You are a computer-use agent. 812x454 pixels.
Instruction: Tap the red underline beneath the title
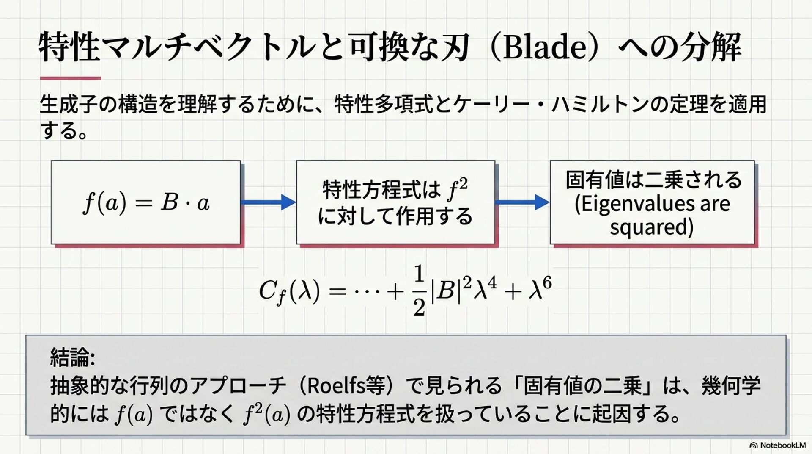[70, 78]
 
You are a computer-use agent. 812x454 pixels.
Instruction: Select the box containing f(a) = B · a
[146, 202]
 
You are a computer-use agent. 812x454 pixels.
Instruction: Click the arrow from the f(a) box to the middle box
[268, 202]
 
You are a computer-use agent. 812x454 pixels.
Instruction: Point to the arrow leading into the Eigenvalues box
[522, 202]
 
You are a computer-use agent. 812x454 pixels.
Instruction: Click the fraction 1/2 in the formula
[419, 291]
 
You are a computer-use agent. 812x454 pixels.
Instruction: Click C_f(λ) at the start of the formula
[289, 291]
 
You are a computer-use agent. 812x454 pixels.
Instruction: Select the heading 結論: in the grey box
[72, 357]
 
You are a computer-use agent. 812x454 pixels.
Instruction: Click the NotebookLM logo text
[782, 445]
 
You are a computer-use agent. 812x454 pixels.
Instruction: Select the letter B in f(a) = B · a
[170, 202]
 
